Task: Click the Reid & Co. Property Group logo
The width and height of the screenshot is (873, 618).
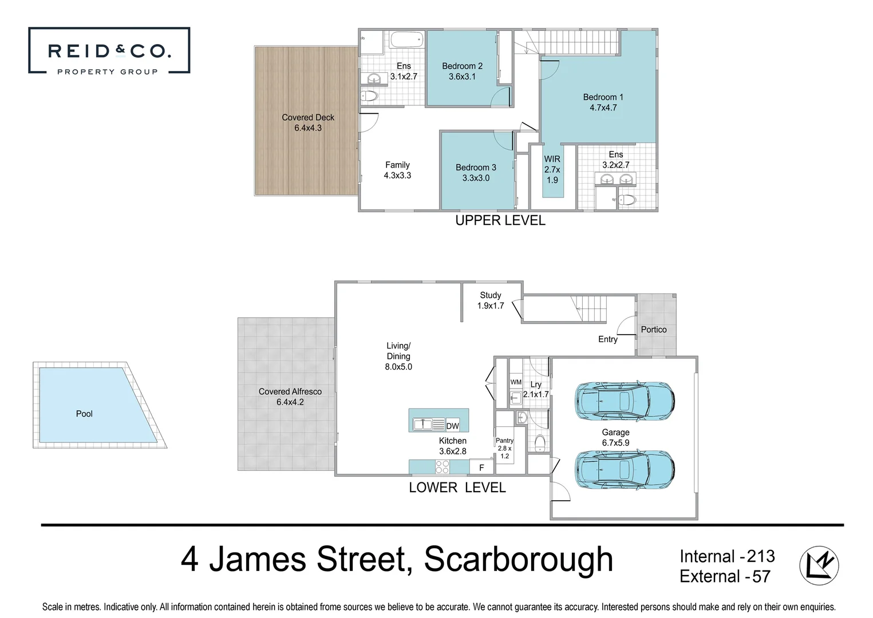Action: click(109, 51)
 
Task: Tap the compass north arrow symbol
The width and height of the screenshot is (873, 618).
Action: click(819, 565)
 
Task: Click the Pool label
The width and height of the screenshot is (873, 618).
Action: click(84, 414)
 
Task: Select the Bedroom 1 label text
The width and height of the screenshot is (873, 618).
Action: click(603, 97)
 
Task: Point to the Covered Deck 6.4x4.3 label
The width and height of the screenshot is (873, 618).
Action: click(308, 122)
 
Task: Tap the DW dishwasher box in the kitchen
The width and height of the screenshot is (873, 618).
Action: click(453, 426)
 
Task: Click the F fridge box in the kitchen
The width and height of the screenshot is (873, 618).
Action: click(481, 468)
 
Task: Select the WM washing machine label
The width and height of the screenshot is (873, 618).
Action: click(516, 382)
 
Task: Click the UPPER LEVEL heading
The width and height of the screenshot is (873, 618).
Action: click(500, 220)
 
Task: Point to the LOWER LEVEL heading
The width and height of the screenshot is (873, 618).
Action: click(457, 488)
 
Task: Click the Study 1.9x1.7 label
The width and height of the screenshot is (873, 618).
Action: click(491, 300)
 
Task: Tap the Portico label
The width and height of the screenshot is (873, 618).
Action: click(654, 330)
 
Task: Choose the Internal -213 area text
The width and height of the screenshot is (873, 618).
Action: click(727, 556)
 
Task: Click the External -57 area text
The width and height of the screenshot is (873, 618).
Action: click(725, 576)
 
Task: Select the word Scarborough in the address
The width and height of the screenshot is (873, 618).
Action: click(518, 559)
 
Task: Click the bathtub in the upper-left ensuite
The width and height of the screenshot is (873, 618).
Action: click(406, 41)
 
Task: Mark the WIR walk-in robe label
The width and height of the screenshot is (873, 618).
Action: click(552, 159)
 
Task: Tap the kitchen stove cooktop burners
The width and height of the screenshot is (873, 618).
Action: click(442, 467)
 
